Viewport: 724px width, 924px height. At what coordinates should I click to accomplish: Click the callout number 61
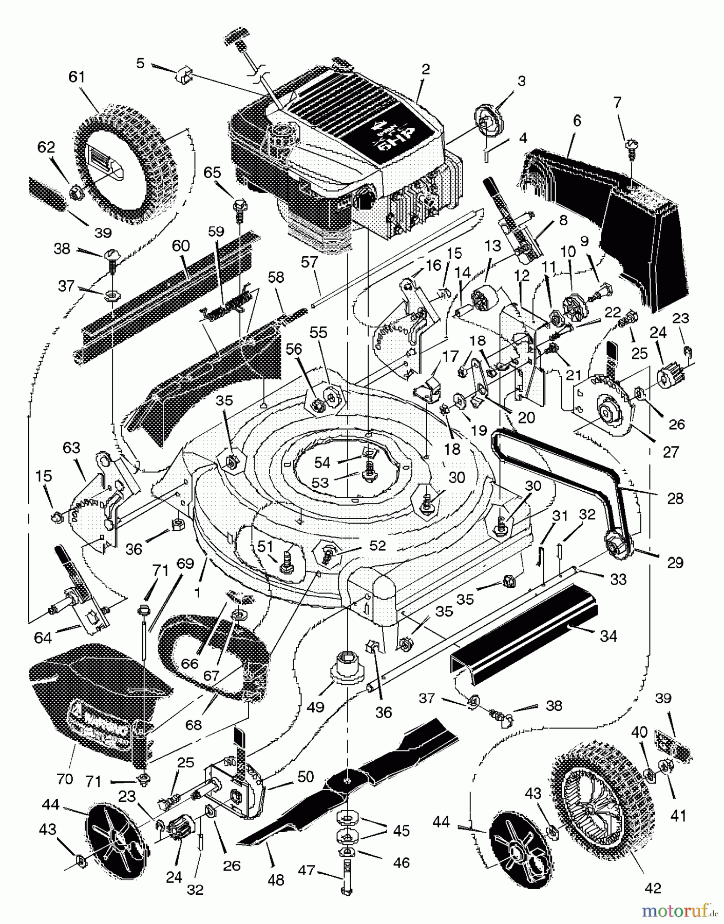77,77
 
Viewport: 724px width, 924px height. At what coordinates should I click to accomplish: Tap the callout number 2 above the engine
426,69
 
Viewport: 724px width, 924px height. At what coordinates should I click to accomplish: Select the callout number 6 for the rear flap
577,121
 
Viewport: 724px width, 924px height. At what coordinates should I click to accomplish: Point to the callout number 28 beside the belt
675,498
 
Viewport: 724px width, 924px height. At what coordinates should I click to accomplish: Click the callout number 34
608,637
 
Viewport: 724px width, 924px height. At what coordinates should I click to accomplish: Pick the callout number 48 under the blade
276,880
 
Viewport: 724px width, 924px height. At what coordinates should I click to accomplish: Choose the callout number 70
65,779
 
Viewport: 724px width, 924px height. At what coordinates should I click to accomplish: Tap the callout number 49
316,707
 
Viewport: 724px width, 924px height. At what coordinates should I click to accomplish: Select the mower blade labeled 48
349,780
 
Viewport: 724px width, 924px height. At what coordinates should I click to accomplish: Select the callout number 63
71,448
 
